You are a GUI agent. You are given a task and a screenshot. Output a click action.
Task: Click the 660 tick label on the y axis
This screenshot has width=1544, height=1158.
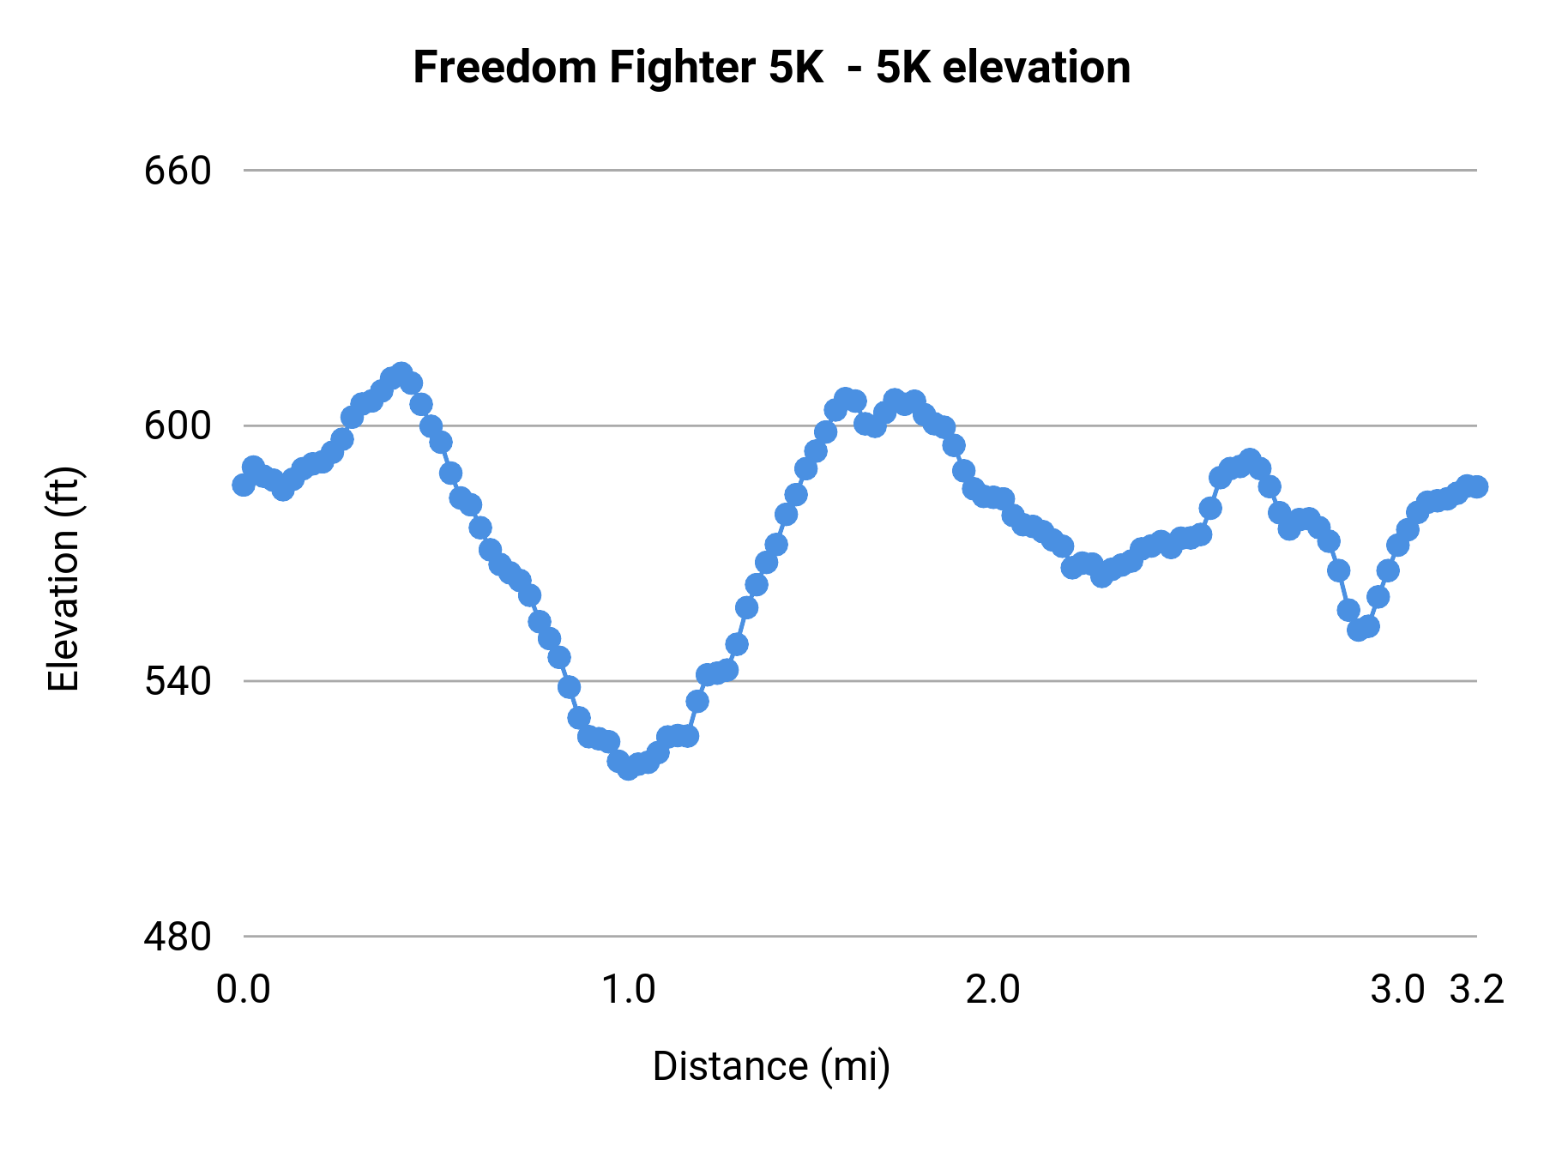(x=178, y=172)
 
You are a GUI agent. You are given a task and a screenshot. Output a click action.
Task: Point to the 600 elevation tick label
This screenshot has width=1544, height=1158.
(x=178, y=426)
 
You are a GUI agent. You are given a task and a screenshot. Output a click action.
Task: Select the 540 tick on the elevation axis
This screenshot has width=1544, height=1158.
(x=178, y=682)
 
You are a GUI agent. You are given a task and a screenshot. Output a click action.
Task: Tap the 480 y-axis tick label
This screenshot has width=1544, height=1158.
(x=178, y=937)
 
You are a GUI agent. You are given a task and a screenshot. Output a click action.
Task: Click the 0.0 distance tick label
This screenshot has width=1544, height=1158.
(x=243, y=990)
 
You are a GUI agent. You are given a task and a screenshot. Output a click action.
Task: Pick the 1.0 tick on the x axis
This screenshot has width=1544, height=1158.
(x=628, y=990)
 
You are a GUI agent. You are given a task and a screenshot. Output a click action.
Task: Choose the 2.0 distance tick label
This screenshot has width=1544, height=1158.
(x=992, y=990)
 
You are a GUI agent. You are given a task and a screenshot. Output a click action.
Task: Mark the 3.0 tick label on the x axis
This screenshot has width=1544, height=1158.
(x=1397, y=990)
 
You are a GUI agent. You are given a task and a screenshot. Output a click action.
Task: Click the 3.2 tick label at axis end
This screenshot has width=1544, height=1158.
(x=1476, y=990)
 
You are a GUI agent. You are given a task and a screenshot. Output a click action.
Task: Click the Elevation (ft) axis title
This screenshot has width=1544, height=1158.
(x=63, y=579)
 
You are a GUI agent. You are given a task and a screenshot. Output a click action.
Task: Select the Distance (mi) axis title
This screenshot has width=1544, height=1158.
(x=771, y=1066)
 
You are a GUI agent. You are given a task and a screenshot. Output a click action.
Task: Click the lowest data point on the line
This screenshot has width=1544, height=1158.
(x=629, y=769)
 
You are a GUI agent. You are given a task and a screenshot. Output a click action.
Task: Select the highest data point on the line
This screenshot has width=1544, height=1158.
(x=401, y=373)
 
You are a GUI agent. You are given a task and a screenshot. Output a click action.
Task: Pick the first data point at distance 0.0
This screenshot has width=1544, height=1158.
(x=244, y=485)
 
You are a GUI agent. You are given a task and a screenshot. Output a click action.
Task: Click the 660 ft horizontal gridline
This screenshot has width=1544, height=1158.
(x=858, y=171)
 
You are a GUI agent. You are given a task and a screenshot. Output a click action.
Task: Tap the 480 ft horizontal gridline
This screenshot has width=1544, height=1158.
(x=858, y=936)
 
